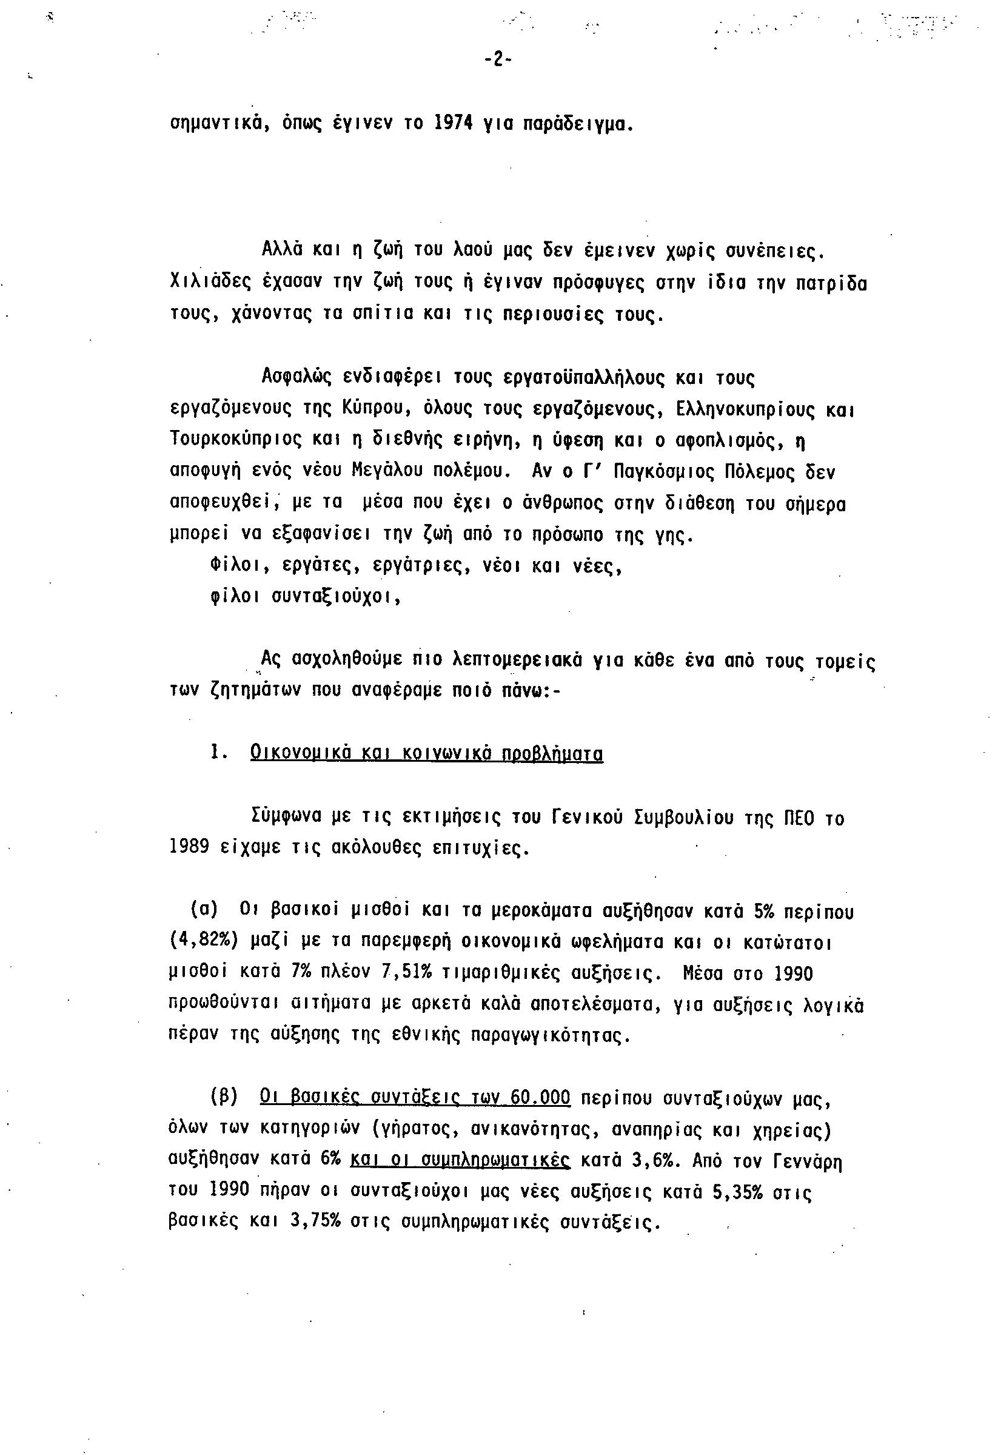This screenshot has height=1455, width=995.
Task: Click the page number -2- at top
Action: [x=497, y=60]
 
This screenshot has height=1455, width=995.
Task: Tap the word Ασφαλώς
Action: [x=296, y=377]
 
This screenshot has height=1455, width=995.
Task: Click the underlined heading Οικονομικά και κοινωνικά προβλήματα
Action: [x=426, y=753]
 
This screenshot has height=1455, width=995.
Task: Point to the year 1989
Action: [x=189, y=849]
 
